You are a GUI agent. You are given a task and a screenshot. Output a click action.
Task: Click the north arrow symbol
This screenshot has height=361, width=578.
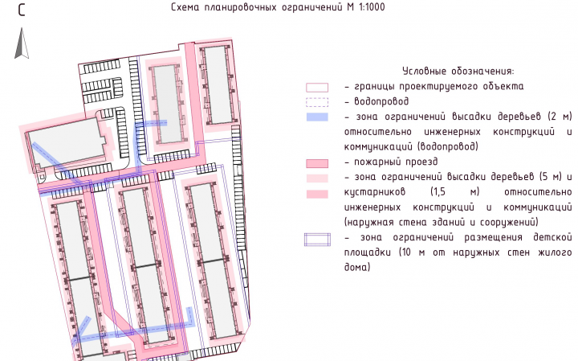point(22,43)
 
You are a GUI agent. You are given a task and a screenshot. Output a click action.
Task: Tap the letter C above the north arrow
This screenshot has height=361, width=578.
point(22,10)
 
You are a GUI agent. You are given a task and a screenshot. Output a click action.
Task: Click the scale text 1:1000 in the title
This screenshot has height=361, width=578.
point(371,7)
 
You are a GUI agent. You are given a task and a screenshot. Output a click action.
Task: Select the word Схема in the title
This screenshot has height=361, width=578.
point(185,7)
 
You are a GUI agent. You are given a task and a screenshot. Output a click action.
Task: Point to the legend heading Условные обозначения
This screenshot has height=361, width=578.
point(458,71)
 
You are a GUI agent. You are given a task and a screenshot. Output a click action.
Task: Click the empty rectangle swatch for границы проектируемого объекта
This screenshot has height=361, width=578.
point(317,87)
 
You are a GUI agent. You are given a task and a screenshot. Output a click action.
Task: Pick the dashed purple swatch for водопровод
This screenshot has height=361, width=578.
point(317,102)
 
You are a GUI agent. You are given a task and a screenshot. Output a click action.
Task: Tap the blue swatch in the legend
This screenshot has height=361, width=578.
point(317,117)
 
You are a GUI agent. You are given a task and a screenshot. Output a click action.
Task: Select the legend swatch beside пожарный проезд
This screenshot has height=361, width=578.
point(317,163)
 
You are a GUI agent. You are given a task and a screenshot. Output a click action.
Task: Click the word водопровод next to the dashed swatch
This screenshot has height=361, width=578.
point(381,101)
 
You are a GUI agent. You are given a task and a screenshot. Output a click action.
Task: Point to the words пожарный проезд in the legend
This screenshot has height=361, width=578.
point(396,162)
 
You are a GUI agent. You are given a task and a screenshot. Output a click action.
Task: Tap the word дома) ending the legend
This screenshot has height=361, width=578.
point(357,267)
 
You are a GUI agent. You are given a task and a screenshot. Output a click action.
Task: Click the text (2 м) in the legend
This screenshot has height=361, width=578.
point(560,117)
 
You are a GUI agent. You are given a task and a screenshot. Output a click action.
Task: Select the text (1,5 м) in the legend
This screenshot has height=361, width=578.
point(455,192)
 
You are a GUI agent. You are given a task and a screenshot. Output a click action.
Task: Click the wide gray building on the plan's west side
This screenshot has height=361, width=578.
point(67,143)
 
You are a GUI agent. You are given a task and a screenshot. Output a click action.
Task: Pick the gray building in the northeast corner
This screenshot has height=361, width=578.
point(218,85)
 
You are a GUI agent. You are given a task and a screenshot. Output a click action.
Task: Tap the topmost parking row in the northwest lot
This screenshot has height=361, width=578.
point(101,67)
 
